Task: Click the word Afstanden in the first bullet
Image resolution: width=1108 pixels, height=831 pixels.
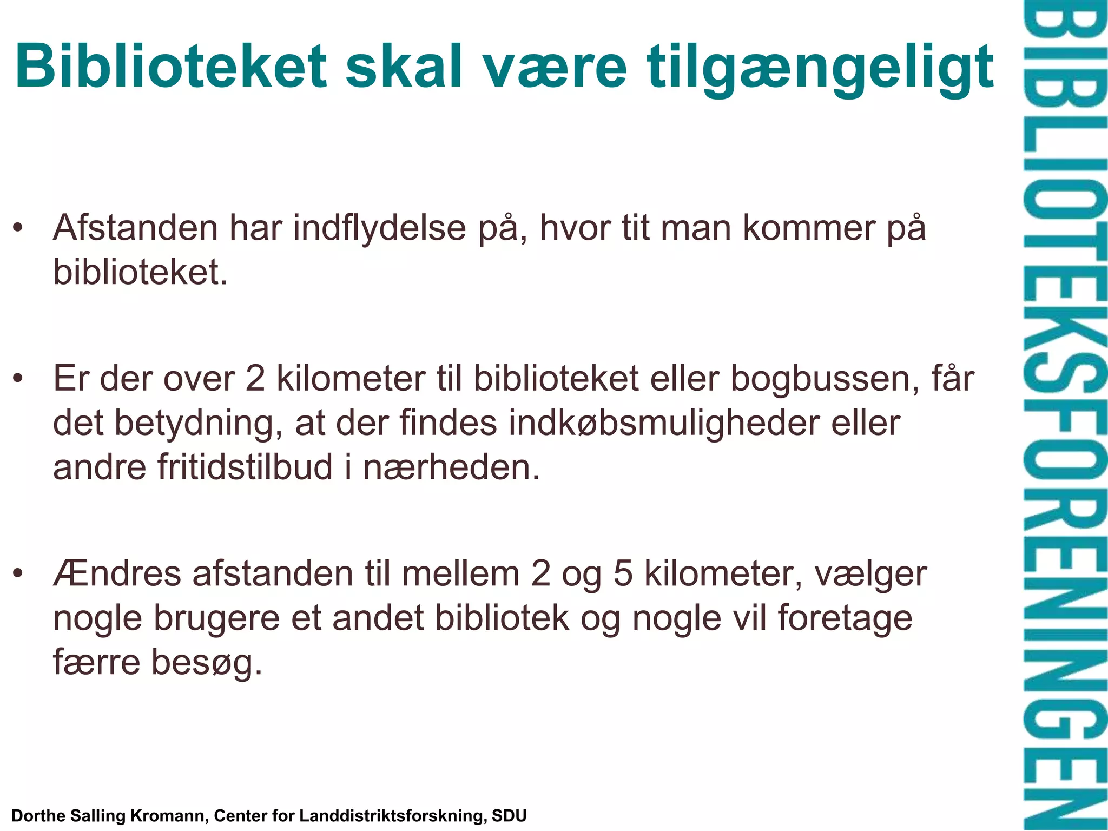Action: pyautogui.click(x=135, y=228)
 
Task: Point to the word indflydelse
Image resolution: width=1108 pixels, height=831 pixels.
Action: pyautogui.click(x=379, y=228)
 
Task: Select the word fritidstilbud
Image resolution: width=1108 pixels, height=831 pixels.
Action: pyautogui.click(x=245, y=467)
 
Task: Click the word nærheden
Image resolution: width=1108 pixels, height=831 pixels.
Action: pyautogui.click(x=451, y=468)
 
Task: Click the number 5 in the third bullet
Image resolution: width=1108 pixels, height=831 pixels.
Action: pyautogui.click(x=623, y=574)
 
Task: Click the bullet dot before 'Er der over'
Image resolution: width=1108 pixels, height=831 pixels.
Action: pyautogui.click(x=18, y=378)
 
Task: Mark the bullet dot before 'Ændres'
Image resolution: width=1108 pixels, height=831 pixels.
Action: pyautogui.click(x=18, y=573)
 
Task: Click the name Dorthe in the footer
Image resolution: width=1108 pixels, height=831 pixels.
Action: pyautogui.click(x=38, y=815)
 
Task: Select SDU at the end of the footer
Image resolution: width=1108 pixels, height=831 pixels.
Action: pyautogui.click(x=509, y=815)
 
